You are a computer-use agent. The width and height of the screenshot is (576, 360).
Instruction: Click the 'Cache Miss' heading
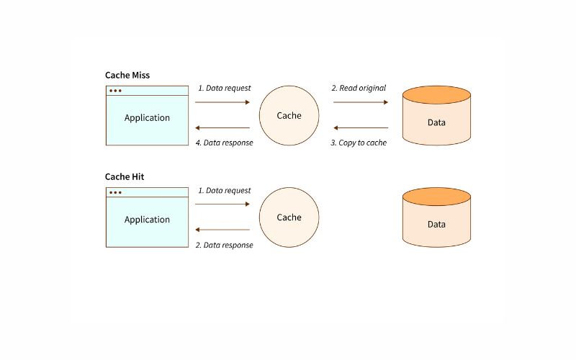tap(127, 76)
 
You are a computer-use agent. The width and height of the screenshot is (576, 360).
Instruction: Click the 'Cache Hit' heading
tap(125, 176)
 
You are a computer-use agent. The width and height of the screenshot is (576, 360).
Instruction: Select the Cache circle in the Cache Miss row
tap(289, 115)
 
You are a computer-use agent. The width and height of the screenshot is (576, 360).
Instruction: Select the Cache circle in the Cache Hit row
tap(289, 217)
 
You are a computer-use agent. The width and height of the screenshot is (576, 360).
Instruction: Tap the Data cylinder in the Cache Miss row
tap(436, 115)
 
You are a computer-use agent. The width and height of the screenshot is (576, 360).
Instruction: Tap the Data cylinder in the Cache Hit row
tap(436, 217)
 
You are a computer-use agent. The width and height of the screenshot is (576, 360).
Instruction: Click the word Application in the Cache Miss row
tap(147, 118)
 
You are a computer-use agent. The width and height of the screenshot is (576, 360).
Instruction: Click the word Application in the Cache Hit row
tap(147, 220)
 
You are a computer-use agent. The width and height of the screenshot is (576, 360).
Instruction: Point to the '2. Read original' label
tap(359, 88)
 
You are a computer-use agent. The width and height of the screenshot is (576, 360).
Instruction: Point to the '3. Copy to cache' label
tap(359, 143)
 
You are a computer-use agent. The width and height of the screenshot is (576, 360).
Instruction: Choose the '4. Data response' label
tap(224, 143)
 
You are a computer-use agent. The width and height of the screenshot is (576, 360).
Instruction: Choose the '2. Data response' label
tap(224, 245)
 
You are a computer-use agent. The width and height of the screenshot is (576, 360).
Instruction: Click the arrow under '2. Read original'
tap(361, 102)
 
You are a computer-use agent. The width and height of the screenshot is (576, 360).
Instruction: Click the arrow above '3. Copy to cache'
tap(361, 128)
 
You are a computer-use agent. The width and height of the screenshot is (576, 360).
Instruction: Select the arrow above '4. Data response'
tap(222, 128)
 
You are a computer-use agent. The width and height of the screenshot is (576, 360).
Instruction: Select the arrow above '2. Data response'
tap(222, 230)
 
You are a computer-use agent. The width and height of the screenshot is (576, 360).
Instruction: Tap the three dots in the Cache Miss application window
tap(115, 91)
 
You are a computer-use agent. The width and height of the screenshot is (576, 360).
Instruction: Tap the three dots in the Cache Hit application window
tap(115, 192)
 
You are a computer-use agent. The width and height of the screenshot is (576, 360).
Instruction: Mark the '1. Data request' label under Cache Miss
tap(225, 88)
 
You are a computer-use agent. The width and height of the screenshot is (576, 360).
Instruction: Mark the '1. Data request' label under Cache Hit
tap(225, 190)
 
